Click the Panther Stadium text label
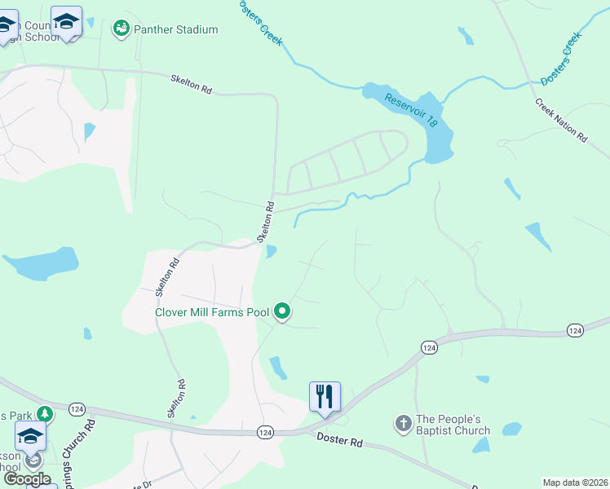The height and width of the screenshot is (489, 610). coord(175,29)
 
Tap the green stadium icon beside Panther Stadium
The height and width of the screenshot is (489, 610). coord(121,29)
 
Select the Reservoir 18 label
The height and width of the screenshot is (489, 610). coord(413,110)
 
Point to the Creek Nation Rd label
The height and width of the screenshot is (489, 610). coord(561,121)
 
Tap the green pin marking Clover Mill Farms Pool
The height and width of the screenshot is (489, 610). coord(282,311)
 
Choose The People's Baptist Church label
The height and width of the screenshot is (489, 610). coord(453,425)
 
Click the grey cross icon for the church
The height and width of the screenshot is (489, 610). coord(403,424)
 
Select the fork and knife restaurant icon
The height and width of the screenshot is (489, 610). coord(325,397)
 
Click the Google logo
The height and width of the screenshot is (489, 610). coord(27,478)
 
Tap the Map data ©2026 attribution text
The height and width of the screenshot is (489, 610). coord(575,482)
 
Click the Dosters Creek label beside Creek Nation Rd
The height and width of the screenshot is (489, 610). coord(560,58)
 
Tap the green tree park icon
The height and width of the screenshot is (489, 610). coord(44,414)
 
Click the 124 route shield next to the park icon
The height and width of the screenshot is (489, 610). coord(77,408)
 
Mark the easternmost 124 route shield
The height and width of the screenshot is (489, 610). coord(576,329)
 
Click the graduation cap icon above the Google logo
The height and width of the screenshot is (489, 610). coord(31,435)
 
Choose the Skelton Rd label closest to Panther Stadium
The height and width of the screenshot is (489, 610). coord(191,85)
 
